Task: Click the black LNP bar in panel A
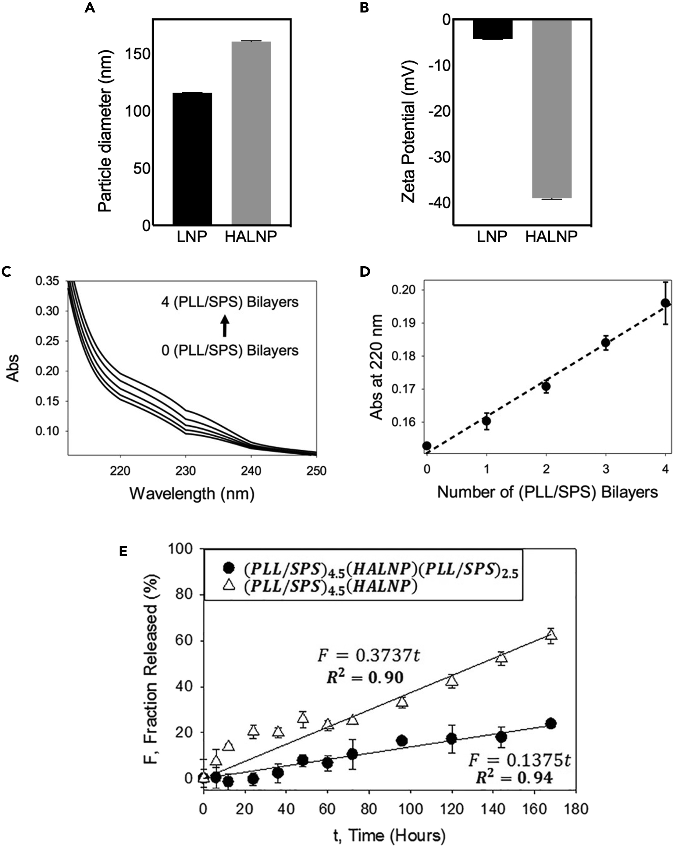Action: click(x=192, y=159)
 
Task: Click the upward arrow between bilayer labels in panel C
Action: click(x=224, y=326)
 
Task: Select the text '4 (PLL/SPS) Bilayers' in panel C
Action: click(x=230, y=302)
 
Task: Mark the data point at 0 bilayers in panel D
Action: click(x=427, y=446)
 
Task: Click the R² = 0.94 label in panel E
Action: click(x=514, y=778)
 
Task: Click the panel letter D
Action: click(x=365, y=271)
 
